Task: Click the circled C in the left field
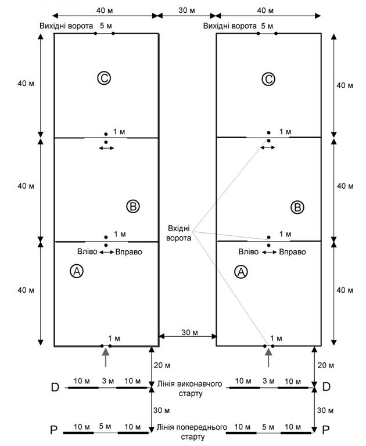pos(104,78)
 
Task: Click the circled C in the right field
pos(268,79)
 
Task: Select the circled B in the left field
pos(133,206)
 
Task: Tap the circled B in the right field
pos(297,207)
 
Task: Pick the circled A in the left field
pos(77,271)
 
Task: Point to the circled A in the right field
pos(241,272)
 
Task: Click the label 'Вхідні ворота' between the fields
pos(179,233)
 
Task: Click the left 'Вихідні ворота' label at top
pos(66,26)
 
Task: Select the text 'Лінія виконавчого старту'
pos(190,389)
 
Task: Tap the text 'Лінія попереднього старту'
pos(192,432)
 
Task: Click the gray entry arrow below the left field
pos(106,357)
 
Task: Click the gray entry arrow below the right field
pos(268,357)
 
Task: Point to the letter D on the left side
pos(55,387)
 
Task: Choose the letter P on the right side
pos(325,430)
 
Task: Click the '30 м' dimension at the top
pos(186,10)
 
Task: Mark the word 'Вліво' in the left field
pos(87,251)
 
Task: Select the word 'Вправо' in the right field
pos(292,252)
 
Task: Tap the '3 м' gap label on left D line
pos(108,381)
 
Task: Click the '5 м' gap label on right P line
pos(268,427)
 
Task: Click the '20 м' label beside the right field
pos(325,365)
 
